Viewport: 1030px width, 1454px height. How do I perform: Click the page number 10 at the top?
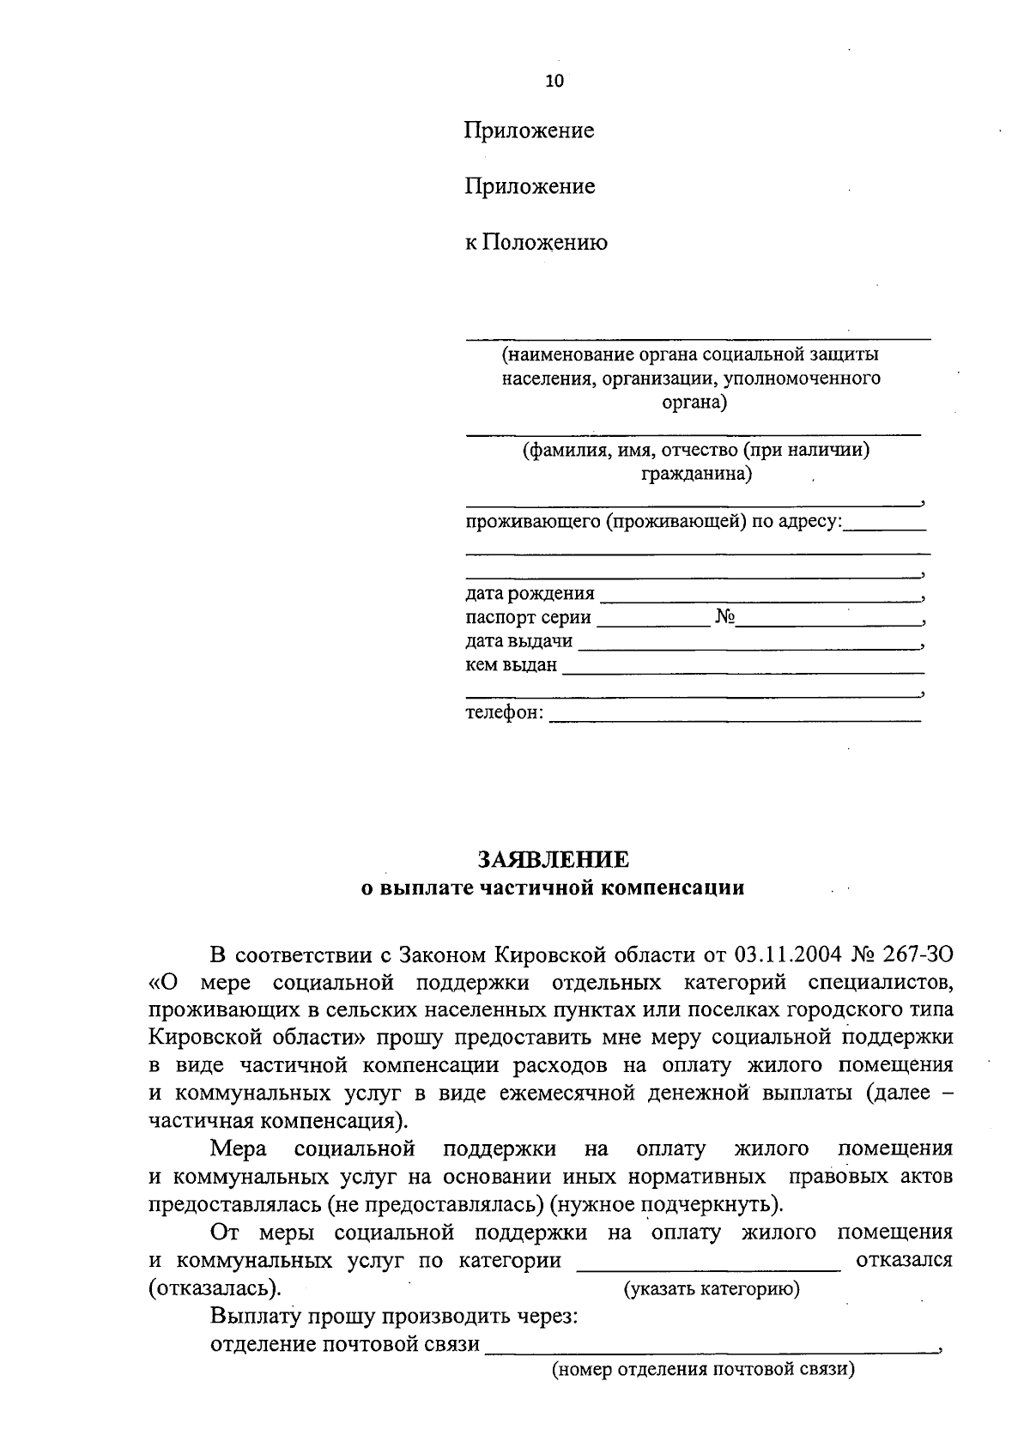554,82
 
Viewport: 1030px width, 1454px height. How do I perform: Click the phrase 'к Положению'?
536,243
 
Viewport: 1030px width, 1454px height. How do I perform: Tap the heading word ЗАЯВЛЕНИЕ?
553,859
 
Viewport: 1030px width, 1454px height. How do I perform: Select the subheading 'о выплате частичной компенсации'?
552,888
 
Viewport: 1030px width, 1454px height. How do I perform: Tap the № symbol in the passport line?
724,617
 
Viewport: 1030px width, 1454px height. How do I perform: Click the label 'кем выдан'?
511,665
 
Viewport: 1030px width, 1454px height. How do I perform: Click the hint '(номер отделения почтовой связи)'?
703,1369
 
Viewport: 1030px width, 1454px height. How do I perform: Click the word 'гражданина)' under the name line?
696,473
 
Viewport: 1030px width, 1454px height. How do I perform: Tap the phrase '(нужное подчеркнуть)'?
666,1204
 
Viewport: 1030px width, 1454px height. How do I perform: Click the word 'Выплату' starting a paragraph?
253,1317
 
